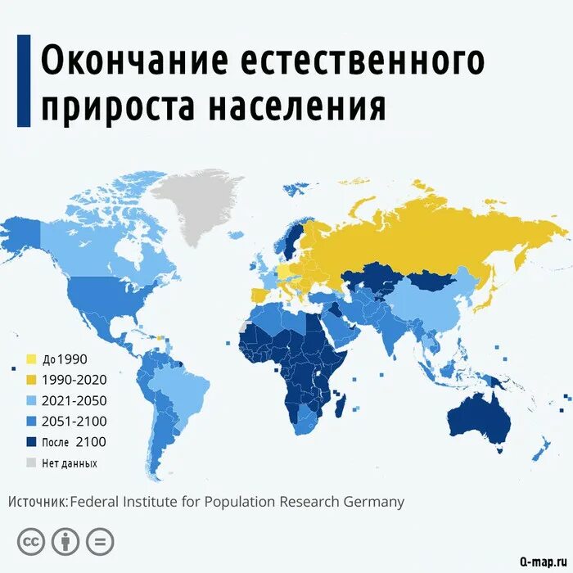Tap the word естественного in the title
pos(361,61)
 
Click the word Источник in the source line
pos(38,502)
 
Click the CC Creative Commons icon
pos(31,541)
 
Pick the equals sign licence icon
pos(100,541)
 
